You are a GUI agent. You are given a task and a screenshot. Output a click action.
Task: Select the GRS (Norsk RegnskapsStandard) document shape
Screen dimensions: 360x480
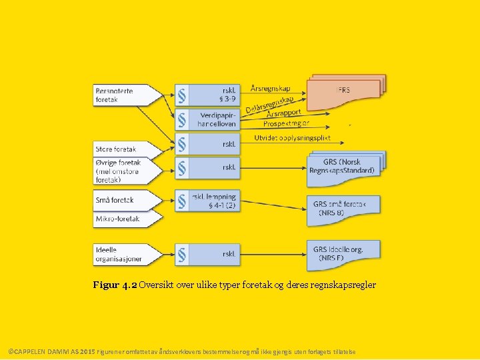(x=342, y=166)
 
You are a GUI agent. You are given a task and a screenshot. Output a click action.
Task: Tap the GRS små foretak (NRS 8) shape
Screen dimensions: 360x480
(x=341, y=207)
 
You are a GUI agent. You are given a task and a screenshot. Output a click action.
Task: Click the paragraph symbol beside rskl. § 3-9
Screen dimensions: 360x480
(x=181, y=95)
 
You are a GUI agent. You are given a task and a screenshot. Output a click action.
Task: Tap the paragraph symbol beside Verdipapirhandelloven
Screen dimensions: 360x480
(x=181, y=119)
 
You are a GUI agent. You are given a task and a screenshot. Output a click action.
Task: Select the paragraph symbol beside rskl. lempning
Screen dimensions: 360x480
(x=181, y=201)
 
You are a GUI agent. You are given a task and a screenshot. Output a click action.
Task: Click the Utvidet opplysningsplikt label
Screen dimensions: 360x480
(x=292, y=138)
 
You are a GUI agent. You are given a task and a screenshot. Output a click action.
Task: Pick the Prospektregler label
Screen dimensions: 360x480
(x=287, y=123)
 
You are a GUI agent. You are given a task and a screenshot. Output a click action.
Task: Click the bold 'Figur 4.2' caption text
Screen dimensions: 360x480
(x=115, y=285)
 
